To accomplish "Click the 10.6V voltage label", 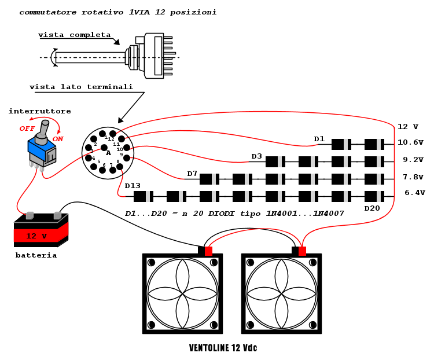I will (410, 142).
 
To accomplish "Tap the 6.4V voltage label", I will (414, 193).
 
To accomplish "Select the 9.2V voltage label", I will (413, 160).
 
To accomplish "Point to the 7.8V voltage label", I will (413, 177).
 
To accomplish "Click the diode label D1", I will (319, 139).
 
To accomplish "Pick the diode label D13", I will (133, 186).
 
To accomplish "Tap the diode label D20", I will (372, 208).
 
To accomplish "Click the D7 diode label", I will (192, 174).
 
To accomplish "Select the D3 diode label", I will (256, 156).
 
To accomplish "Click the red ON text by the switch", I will (58, 139).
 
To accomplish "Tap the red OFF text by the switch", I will (27, 128).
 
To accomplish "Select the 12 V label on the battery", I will (36, 236).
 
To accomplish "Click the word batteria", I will (36, 255).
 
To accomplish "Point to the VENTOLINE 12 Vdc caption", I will (223, 348).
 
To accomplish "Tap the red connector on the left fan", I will (208, 251).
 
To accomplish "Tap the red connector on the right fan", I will (302, 251).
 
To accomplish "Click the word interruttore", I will (40, 111).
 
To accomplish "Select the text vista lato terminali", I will (81, 87).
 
